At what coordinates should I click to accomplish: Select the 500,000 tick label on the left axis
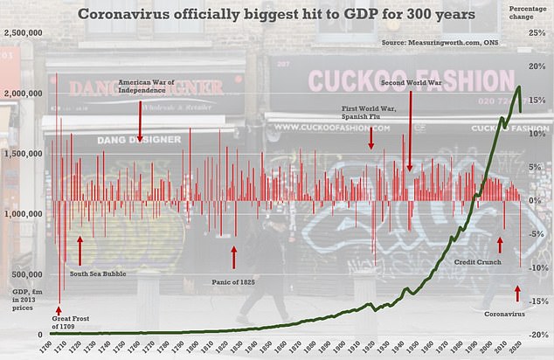[x=28, y=273]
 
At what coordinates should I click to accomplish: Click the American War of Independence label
[x=140, y=87]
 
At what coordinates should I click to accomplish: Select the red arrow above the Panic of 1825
[x=234, y=257]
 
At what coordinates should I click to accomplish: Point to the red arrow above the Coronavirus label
[x=517, y=293]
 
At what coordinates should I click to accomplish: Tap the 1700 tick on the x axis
[x=53, y=347]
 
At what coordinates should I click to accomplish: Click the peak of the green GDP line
[x=520, y=87]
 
